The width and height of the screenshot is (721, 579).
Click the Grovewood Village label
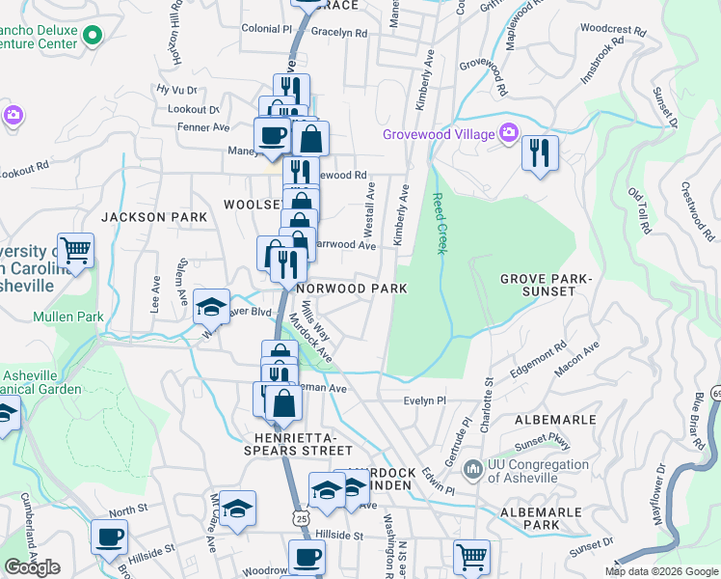438,134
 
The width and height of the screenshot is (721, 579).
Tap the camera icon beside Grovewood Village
507,134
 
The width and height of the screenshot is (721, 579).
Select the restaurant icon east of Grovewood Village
540,153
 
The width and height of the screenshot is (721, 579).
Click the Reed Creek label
440,222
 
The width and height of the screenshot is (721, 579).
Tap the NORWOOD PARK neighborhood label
352,289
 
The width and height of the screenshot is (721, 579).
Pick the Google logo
32,567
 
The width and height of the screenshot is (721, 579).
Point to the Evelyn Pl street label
424,400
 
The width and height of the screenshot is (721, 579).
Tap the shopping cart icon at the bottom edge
471,557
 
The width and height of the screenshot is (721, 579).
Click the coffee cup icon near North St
109,537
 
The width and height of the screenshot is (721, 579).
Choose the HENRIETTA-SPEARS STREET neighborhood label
290,442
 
